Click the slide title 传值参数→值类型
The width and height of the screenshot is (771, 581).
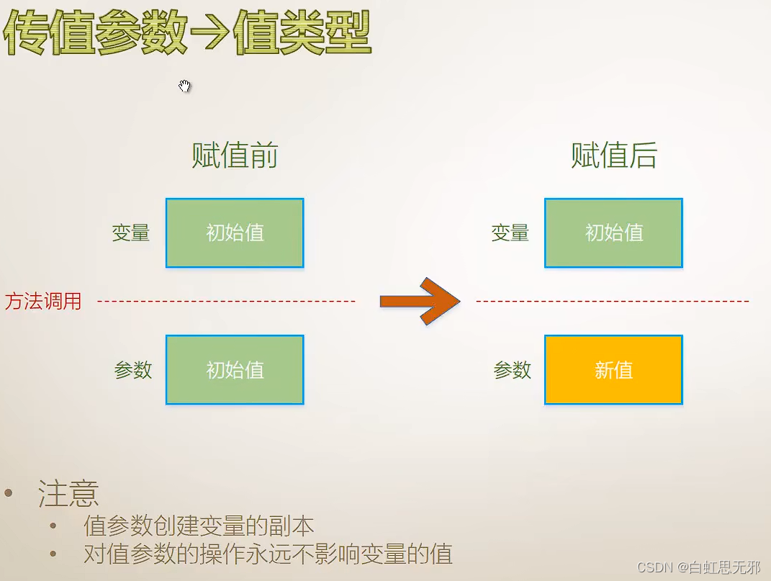[187, 33]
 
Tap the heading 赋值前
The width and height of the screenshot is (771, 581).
[235, 156]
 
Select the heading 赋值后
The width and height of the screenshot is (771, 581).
[614, 156]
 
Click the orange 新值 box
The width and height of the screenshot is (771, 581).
[613, 370]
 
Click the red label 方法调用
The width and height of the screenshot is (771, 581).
[43, 301]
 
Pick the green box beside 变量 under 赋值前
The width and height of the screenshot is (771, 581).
[235, 233]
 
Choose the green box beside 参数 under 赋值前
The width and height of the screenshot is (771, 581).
[235, 370]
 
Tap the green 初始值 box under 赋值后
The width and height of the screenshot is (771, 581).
[613, 233]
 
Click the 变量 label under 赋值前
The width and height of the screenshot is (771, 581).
[131, 233]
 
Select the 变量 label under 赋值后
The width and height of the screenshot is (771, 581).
[510, 233]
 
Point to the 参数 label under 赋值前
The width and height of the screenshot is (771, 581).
[133, 370]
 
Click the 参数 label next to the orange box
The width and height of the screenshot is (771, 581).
[513, 370]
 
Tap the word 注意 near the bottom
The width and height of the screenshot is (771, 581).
[68, 494]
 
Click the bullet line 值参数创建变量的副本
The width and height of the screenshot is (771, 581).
[199, 526]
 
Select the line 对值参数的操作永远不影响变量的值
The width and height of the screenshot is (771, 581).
[268, 554]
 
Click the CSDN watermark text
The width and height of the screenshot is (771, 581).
[698, 568]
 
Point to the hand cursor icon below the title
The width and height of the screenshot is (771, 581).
[185, 86]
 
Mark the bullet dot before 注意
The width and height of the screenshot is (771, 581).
[9, 493]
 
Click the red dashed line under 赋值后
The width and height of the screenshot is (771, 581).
[612, 301]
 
